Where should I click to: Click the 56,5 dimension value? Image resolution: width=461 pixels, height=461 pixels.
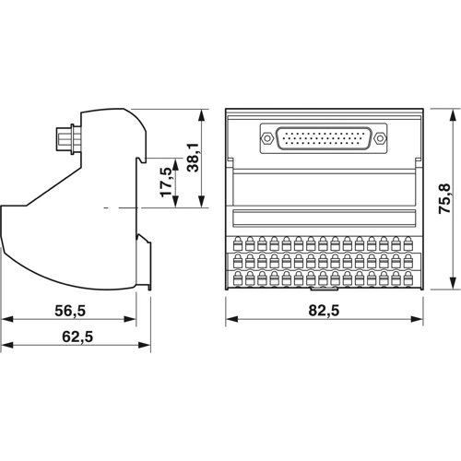(69, 312)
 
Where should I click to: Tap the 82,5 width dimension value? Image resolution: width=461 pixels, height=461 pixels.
(323, 312)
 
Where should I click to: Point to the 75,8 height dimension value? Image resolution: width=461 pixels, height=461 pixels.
(443, 198)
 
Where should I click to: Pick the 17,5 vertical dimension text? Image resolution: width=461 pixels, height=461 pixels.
(165, 182)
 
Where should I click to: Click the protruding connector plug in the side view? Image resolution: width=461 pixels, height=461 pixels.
(66, 138)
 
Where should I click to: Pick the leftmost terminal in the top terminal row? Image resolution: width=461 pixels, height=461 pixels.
(239, 244)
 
